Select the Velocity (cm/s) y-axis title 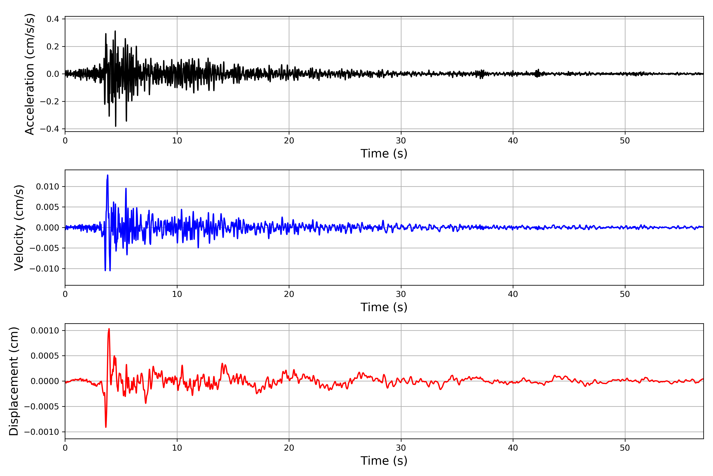pos(19,228)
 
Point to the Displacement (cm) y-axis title pos(14,381)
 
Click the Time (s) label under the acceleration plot pos(384,154)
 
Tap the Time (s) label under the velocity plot pos(384,307)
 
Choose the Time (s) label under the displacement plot pos(384,461)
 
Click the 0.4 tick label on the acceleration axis pos(53,19)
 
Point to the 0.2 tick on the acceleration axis pos(53,47)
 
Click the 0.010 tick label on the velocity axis pos(48,187)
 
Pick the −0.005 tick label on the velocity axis pos(44,248)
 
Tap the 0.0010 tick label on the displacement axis pos(45,331)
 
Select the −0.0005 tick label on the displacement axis pos(42,406)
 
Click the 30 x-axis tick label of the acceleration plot pos(401,141)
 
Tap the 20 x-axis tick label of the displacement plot pos(289,448)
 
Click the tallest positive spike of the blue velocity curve pos(108,175)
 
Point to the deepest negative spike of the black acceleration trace pos(115,126)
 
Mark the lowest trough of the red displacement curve pos(106,427)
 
